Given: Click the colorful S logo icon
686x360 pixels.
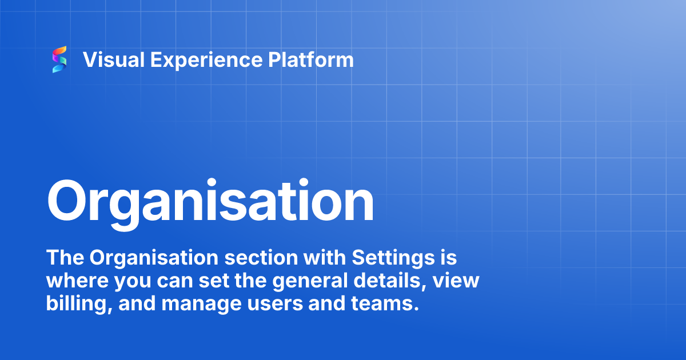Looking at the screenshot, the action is pyautogui.click(x=59, y=59).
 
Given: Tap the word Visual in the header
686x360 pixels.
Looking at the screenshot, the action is pyautogui.click(x=114, y=59).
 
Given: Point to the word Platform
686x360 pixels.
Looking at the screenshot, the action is pyautogui.click(x=311, y=59).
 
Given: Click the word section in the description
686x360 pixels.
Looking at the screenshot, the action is pyautogui.click(x=261, y=258).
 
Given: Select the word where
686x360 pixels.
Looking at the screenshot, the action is pyautogui.click(x=77, y=280).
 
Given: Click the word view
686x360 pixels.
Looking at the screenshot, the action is pyautogui.click(x=456, y=280).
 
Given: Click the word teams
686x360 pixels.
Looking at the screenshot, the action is pyautogui.click(x=385, y=303).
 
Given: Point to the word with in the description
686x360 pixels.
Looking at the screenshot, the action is pyautogui.click(x=325, y=257).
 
